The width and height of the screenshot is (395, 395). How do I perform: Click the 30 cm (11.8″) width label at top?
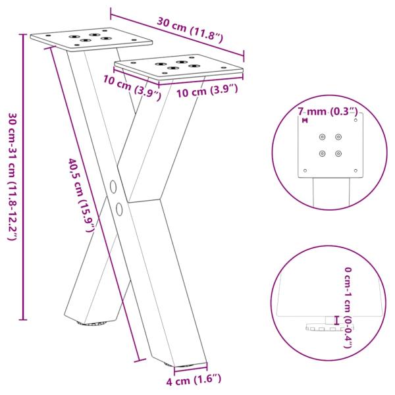(x=191, y=30)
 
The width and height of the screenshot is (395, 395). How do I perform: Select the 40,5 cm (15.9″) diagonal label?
(x=82, y=194)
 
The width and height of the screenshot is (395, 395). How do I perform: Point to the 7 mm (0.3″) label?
(x=327, y=111)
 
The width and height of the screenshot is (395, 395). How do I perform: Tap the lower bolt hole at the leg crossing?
(x=120, y=209)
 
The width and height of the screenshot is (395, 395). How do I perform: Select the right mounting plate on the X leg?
(x=179, y=66)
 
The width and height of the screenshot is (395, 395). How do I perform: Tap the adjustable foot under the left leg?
(x=93, y=323)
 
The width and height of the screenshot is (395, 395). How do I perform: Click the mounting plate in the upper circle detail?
(x=330, y=145)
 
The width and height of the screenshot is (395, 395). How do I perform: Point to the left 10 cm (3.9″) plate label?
(x=132, y=88)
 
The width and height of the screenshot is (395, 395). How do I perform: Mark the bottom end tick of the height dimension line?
(x=24, y=320)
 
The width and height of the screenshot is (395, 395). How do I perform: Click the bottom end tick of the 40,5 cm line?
(x=140, y=360)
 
